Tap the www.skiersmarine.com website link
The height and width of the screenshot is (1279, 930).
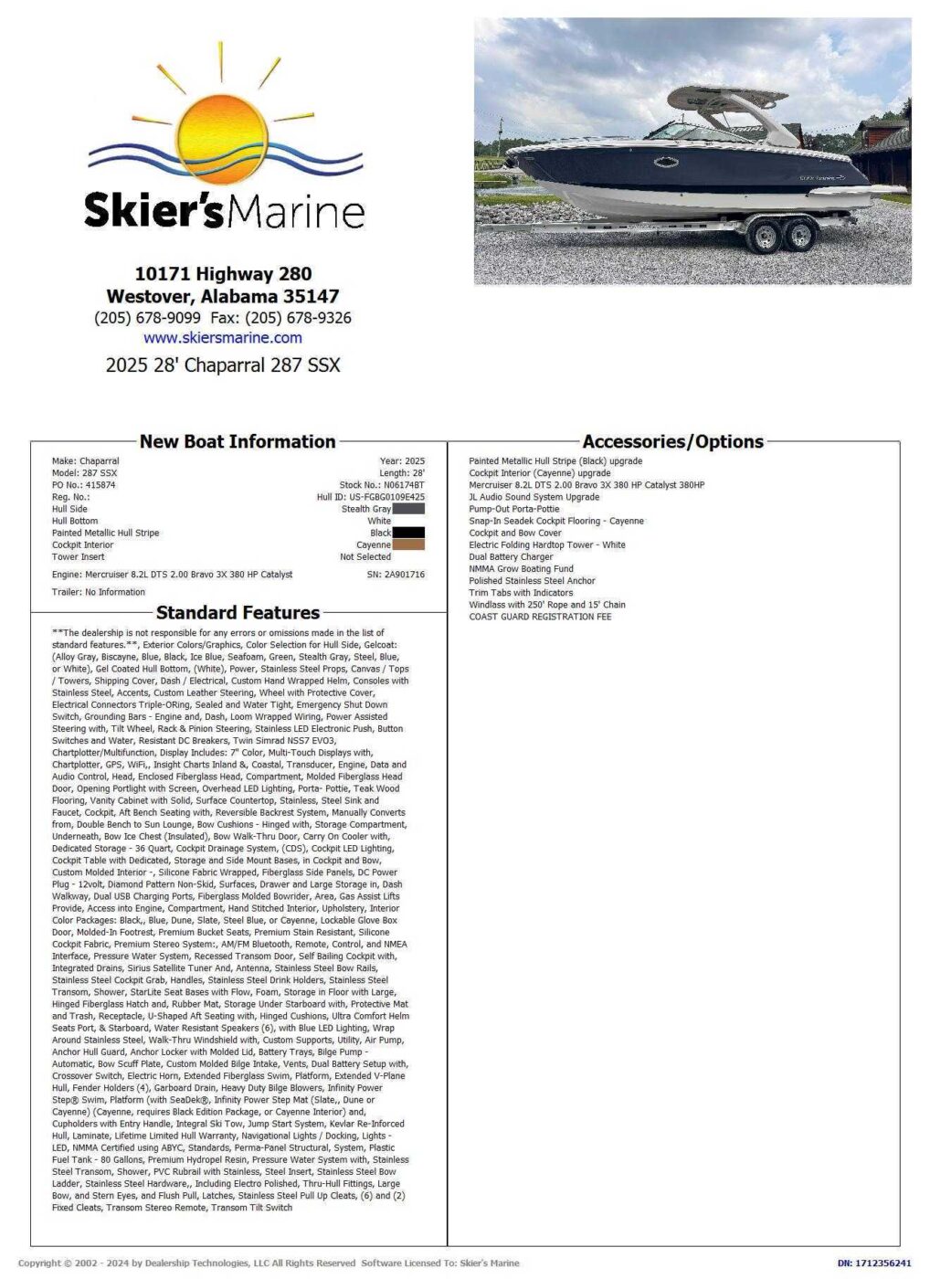point(223,338)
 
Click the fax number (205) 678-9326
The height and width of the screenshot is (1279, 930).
point(299,318)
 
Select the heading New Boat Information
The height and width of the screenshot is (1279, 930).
point(238,441)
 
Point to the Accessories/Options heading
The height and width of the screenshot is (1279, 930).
point(672,441)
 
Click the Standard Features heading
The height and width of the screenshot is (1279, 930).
point(238,612)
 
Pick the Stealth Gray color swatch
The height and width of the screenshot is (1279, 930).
point(408,509)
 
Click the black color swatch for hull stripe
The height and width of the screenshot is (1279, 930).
point(408,533)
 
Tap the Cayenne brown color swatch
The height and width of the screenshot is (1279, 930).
point(408,544)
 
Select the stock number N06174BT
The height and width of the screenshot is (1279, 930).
point(404,485)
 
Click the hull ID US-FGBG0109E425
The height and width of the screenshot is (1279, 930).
point(386,497)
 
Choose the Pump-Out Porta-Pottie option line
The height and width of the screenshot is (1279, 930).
point(514,509)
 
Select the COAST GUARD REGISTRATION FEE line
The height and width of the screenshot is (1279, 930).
point(540,617)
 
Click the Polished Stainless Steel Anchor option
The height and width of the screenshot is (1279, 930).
point(532,580)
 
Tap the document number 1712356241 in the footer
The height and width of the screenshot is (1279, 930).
point(883,1263)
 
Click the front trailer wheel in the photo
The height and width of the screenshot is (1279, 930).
point(762,237)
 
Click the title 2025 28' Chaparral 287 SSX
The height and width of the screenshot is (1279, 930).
point(223,365)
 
